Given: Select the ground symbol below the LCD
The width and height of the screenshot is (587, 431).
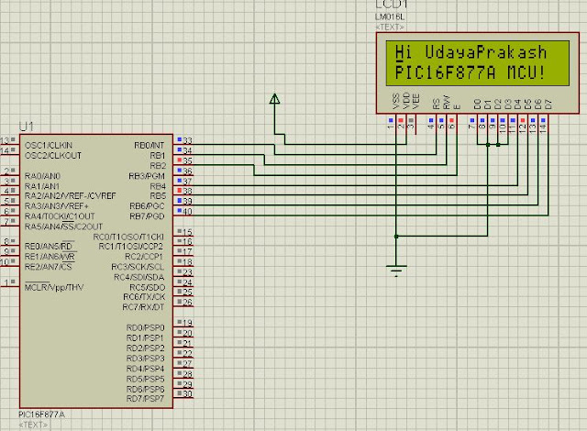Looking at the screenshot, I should pos(396,268).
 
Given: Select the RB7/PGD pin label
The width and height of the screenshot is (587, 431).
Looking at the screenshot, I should pos(147,215).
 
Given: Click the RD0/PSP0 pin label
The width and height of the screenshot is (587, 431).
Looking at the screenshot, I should pos(145,327).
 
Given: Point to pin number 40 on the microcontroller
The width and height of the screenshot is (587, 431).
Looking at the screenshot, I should pos(187,214).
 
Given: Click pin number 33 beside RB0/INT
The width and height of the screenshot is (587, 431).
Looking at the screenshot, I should pos(187,140).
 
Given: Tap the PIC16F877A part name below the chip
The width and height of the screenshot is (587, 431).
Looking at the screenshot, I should pos(40,414).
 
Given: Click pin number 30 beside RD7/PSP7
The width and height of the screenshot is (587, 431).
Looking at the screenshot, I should pos(187,394).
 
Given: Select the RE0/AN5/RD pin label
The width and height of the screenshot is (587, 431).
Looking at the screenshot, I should pos(50,247).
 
